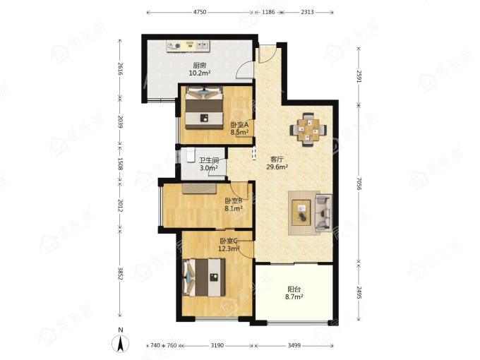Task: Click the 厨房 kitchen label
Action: click(200, 65)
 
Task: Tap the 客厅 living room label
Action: click(277, 160)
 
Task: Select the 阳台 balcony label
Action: click(294, 289)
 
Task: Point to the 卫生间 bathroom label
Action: click(209, 160)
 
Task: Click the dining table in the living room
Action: click(308, 130)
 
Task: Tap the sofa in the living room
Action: click(323, 212)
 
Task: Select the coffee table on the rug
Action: click(301, 212)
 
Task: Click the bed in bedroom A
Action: click(204, 108)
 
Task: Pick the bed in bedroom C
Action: click(204, 277)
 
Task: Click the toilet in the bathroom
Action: click(191, 155)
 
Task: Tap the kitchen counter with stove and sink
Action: click(188, 46)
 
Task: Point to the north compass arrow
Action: click(121, 344)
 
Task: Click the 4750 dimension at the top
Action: click(200, 12)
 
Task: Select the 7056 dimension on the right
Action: click(359, 183)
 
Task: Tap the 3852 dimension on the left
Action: click(121, 273)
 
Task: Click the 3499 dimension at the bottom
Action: click(294, 345)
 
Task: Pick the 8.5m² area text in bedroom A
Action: click(239, 132)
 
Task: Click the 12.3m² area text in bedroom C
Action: click(229, 248)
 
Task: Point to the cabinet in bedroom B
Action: click(200, 188)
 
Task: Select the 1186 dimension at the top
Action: click(268, 12)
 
